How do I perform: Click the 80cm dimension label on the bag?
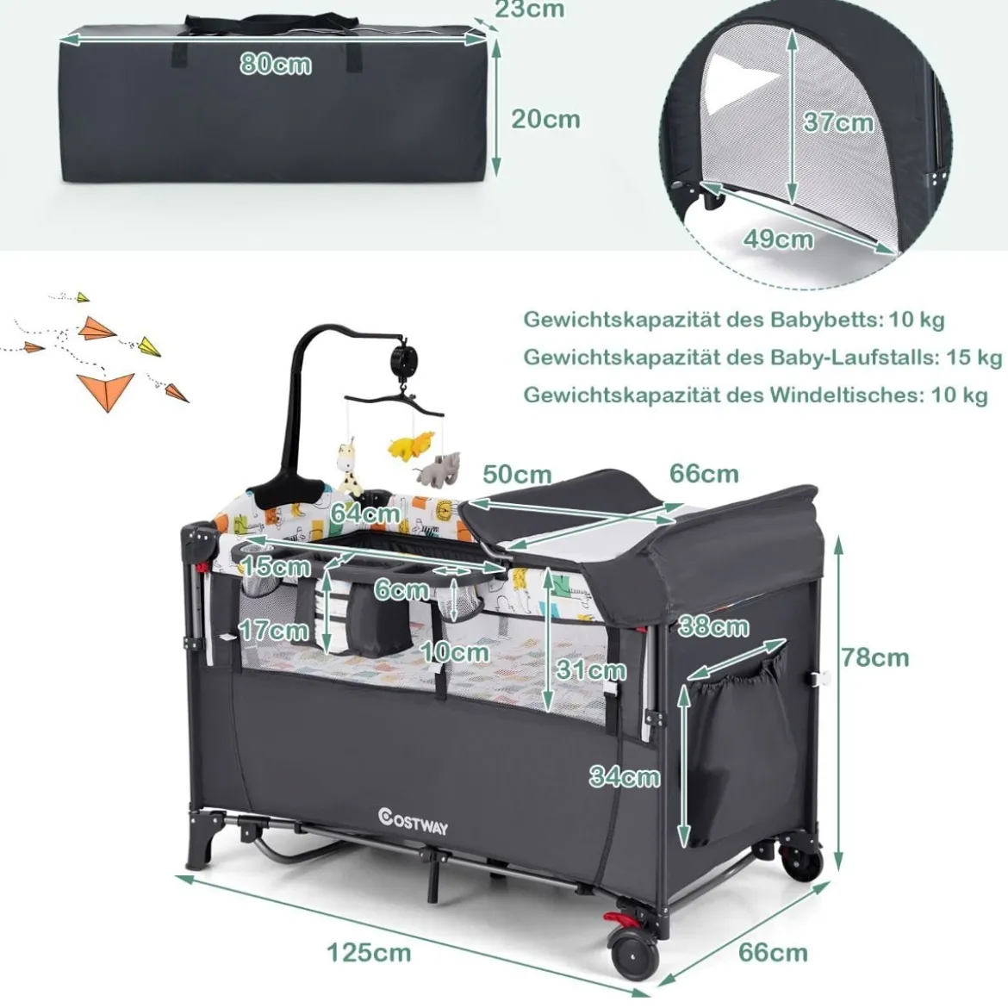[x=276, y=65]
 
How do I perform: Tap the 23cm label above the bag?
[x=529, y=9]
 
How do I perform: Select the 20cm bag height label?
[x=546, y=119]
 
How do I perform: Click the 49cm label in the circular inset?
[x=779, y=240]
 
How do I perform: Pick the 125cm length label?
[x=369, y=952]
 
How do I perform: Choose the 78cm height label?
[x=875, y=657]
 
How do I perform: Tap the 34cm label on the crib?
[x=625, y=776]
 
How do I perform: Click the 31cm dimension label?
[x=591, y=669]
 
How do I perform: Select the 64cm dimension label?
[x=366, y=513]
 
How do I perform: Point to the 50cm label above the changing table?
[x=518, y=475]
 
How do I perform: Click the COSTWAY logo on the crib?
[x=414, y=821]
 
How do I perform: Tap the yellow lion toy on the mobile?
[x=409, y=445]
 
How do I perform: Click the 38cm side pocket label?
[x=713, y=627]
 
